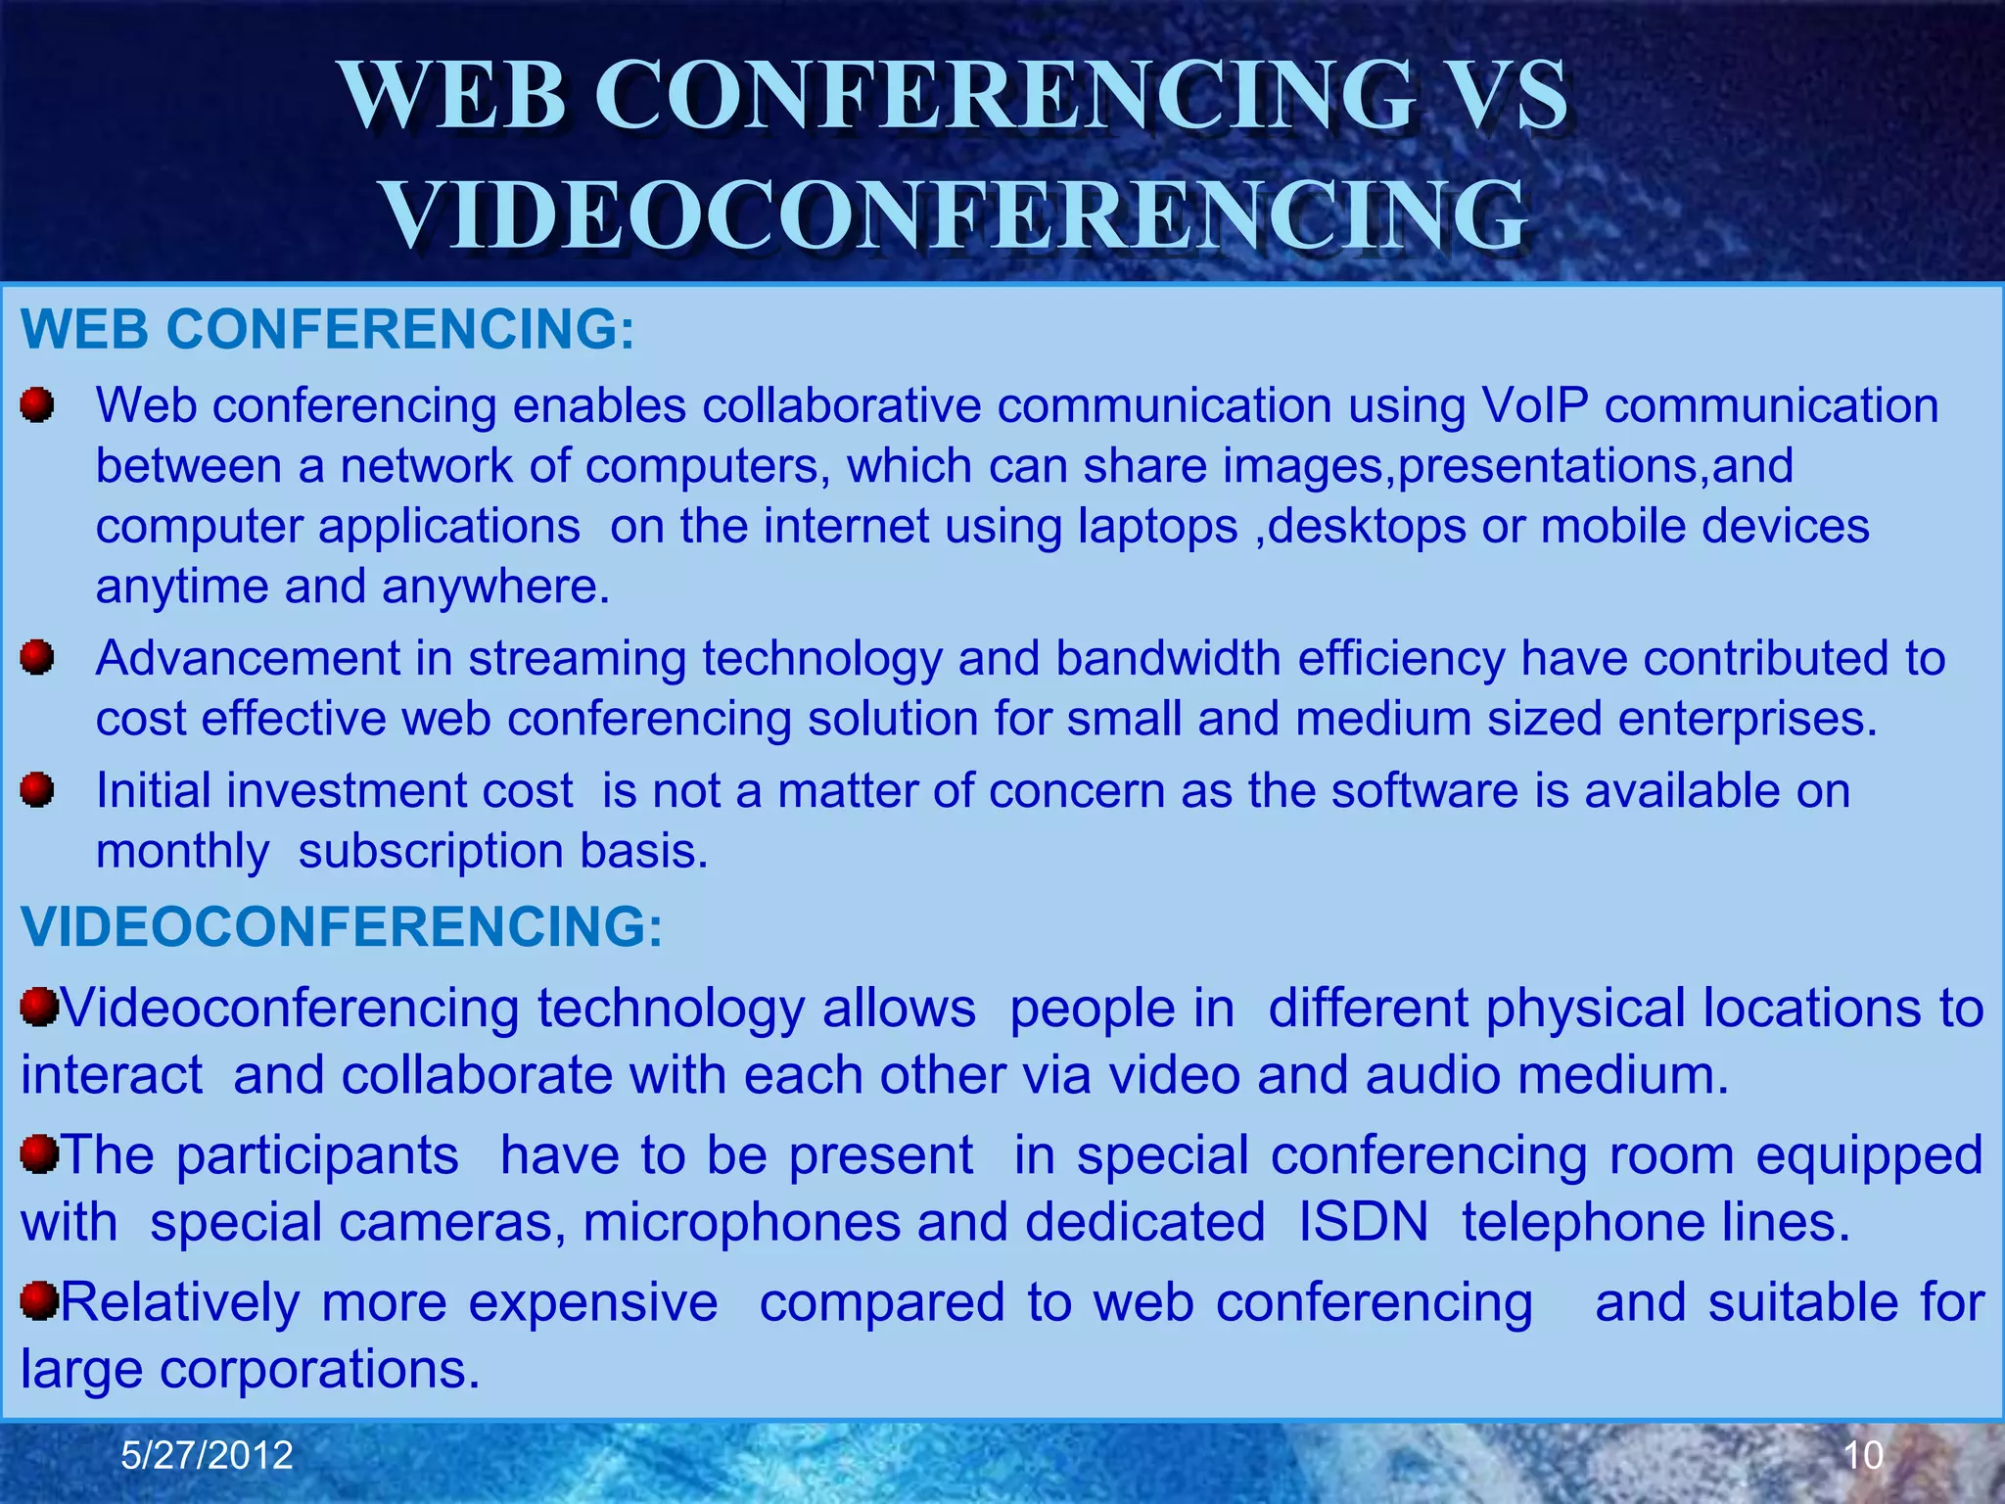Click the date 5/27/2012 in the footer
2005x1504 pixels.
(x=207, y=1455)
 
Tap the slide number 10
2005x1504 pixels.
(x=1863, y=1455)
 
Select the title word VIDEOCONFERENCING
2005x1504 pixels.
(x=955, y=215)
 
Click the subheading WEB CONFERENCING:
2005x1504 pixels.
(x=328, y=329)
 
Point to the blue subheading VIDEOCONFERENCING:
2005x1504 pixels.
(x=342, y=926)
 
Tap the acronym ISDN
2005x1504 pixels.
(x=1364, y=1222)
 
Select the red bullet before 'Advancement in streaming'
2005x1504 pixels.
(x=37, y=657)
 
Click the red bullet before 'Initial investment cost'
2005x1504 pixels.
(x=37, y=789)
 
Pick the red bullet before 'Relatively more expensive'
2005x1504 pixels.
(x=40, y=1301)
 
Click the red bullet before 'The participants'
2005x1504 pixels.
(x=40, y=1153)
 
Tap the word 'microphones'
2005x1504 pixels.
(x=741, y=1222)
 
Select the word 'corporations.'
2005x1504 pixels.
(x=320, y=1369)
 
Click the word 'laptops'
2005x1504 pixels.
(x=1158, y=526)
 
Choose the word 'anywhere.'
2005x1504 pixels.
(x=496, y=587)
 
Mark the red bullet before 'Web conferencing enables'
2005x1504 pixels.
(x=37, y=403)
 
